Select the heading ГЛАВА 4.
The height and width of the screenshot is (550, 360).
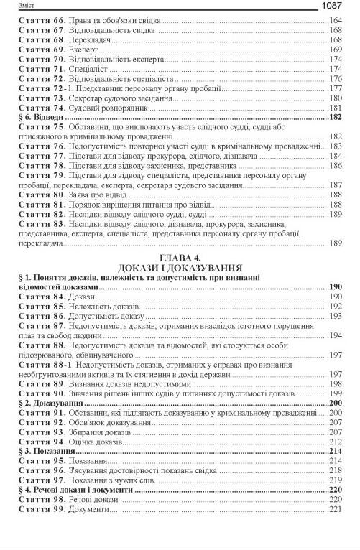(x=179, y=256)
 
